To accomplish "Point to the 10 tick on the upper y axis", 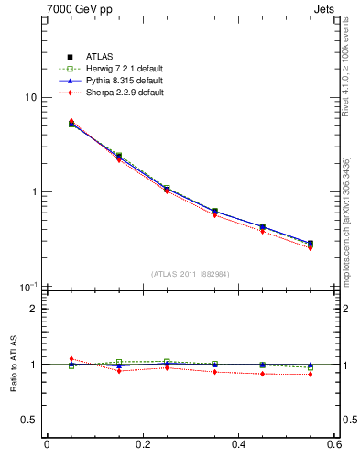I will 30,98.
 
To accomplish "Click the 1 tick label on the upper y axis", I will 33,192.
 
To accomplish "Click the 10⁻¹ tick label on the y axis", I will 28,287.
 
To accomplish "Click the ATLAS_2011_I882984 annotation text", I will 191,274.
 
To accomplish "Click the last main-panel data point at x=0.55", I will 311,244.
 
